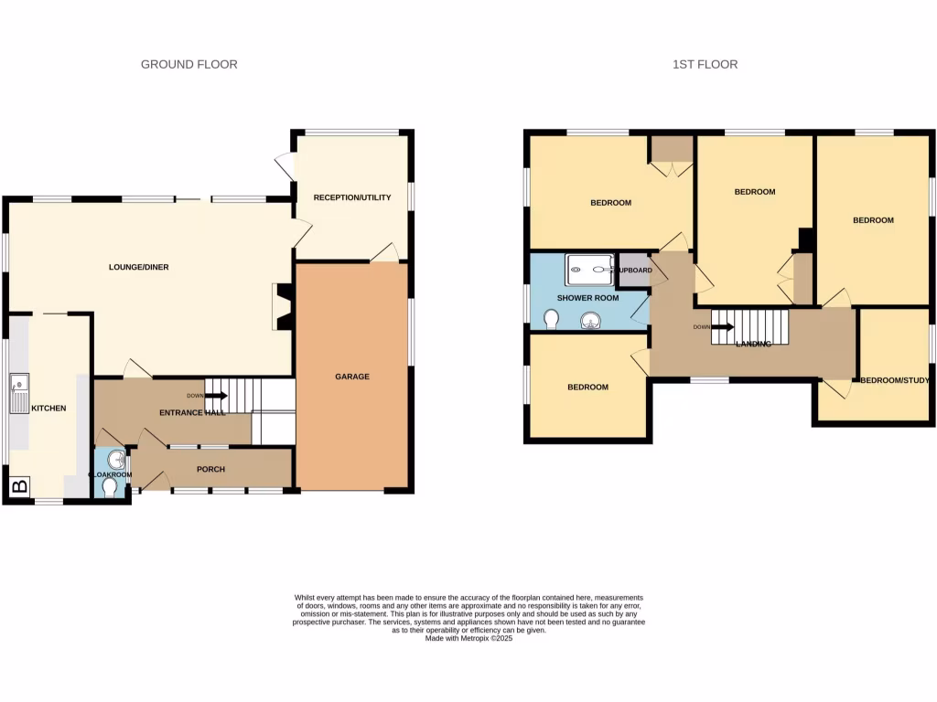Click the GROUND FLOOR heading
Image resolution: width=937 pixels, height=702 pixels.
coord(188,64)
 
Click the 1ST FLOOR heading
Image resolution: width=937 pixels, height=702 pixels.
coord(705,64)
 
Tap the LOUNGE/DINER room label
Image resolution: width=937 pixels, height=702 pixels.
coord(138,267)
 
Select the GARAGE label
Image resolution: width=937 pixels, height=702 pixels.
coord(351,377)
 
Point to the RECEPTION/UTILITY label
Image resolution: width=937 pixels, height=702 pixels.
coord(351,197)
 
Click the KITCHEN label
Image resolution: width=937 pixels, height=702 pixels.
coord(48,408)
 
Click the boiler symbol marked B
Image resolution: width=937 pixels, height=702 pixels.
coord(18,486)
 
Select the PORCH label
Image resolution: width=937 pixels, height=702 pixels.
coord(210,469)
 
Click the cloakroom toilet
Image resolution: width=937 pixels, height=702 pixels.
coord(111,489)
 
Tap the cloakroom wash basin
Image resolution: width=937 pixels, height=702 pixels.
coord(115,459)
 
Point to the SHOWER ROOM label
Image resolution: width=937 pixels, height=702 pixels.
coord(587,298)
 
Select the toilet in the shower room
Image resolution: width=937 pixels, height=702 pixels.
coord(551,319)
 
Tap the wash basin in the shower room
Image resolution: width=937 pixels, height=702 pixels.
coord(590,319)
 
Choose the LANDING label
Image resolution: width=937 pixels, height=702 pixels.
coord(753,344)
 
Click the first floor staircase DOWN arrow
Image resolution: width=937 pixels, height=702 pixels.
coord(723,326)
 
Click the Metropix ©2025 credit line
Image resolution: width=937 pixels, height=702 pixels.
coord(468,638)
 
